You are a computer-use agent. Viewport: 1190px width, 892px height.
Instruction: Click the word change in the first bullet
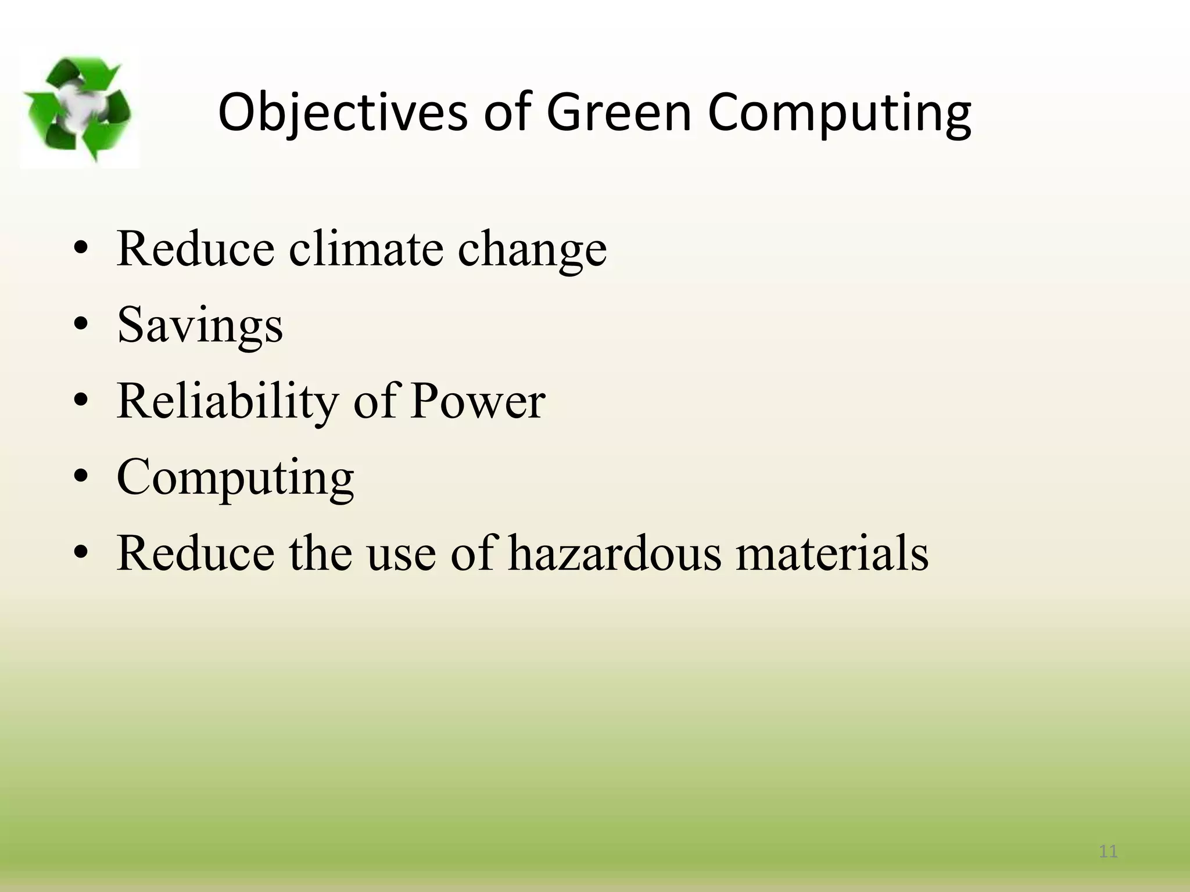click(x=532, y=250)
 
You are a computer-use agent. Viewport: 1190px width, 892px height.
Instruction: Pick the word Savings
click(x=200, y=325)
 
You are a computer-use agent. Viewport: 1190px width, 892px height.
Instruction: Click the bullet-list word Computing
click(x=235, y=477)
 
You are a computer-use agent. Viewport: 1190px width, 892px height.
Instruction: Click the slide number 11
click(x=1108, y=852)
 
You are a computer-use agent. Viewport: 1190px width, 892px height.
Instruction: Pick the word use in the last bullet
click(x=401, y=554)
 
